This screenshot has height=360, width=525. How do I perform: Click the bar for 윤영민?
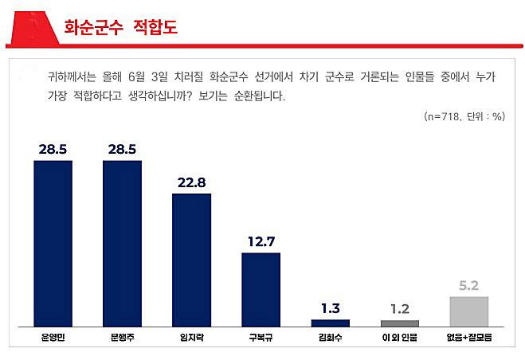53,243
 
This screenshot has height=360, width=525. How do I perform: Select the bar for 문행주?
122,243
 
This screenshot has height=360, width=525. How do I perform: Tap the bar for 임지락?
191,260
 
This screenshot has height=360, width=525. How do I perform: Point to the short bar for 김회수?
330,323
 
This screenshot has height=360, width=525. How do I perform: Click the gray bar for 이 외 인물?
400,323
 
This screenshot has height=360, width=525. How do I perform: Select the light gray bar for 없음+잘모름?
469,311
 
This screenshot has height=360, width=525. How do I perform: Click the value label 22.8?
191,182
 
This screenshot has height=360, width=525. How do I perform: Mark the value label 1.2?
400,309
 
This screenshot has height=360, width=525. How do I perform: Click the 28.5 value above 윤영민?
53,149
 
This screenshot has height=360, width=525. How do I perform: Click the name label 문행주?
122,338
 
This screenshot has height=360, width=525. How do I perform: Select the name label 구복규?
261,338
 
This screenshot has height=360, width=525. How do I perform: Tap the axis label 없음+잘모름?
469,338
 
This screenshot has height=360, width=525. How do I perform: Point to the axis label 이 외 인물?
400,338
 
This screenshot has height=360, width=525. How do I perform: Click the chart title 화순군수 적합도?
120,28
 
